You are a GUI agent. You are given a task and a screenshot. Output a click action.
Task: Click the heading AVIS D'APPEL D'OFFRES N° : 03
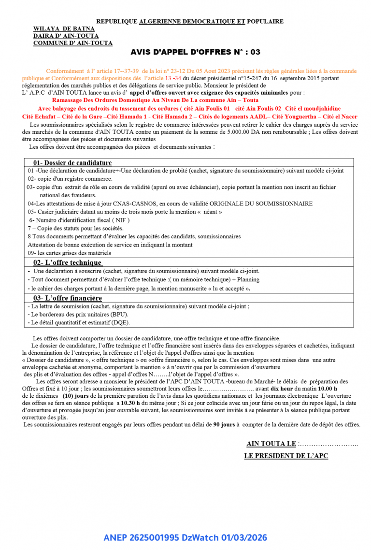tap(195, 52)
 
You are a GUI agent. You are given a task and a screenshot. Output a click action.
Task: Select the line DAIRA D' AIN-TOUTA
tap(66, 36)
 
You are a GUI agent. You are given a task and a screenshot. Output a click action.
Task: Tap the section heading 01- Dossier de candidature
tap(72, 163)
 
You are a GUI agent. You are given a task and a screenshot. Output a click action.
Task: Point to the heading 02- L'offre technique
tap(68, 262)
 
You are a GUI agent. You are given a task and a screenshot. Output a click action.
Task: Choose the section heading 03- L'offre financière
tap(68, 298)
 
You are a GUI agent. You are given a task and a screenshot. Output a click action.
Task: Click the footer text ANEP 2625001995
tap(142, 537)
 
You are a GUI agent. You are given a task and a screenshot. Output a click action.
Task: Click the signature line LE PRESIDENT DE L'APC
tap(286, 456)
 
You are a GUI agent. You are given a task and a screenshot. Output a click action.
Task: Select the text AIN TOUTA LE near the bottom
tap(271, 444)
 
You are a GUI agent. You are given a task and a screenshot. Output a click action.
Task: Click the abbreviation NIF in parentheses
tap(120, 220)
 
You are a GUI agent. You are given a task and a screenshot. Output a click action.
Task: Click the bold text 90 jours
tap(224, 424)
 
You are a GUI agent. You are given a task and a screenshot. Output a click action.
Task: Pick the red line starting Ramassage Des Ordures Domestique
tap(155, 100)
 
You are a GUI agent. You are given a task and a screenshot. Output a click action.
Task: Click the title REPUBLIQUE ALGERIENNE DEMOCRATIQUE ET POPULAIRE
tap(190, 21)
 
